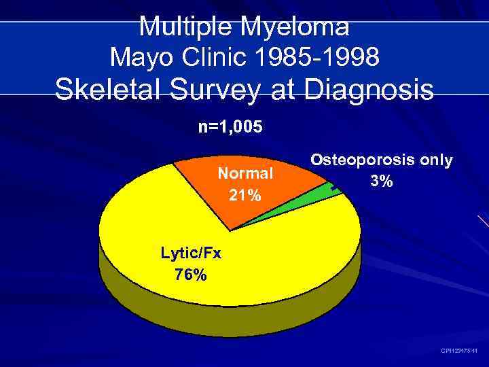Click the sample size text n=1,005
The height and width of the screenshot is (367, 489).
tap(230, 126)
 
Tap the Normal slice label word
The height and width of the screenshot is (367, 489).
tap(245, 173)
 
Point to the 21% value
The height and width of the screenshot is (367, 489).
tap(245, 196)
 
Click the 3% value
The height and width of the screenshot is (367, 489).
tap(381, 182)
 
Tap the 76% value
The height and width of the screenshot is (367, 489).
tap(191, 275)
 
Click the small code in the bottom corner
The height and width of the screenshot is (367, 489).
tap(459, 351)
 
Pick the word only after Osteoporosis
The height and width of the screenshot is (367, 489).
tap(435, 160)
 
